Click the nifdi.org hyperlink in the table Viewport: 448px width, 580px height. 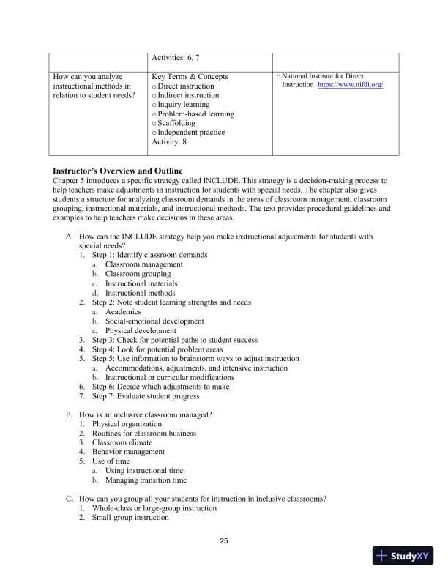[351, 86]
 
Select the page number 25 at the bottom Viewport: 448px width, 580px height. [224, 541]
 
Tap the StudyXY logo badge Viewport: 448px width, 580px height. [401, 556]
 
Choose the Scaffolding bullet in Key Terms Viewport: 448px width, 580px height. [180, 123]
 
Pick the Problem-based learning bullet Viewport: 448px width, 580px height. [193, 114]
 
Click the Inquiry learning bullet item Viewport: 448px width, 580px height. [184, 104]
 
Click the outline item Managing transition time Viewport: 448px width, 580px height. [146, 480]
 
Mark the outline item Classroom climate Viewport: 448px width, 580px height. [122, 442]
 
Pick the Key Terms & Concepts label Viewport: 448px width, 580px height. [190, 76]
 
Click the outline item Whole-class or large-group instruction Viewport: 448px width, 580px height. [154, 508]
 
